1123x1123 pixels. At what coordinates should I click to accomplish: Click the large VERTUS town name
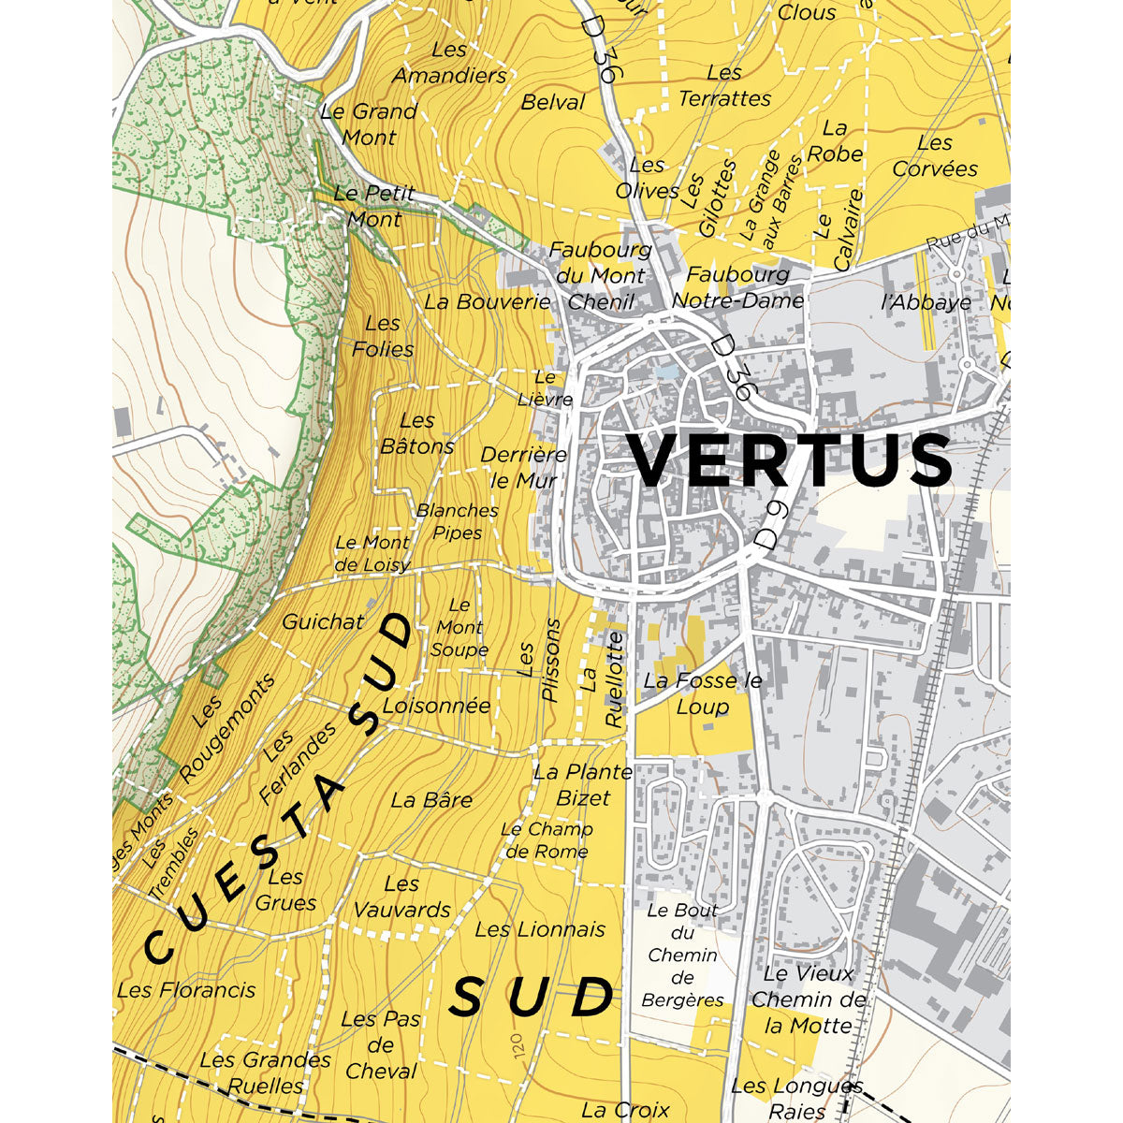(x=789, y=460)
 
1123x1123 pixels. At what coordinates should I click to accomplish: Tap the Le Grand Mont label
(x=369, y=124)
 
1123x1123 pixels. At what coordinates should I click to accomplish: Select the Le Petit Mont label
(x=374, y=207)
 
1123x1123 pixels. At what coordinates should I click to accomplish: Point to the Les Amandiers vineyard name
(x=449, y=63)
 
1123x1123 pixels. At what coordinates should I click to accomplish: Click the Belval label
(x=553, y=102)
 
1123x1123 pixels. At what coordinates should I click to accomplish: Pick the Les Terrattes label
(x=724, y=85)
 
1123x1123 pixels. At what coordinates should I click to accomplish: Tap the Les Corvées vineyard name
(x=934, y=156)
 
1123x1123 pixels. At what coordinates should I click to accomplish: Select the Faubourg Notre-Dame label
(x=737, y=287)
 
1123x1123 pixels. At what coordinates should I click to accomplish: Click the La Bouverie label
(x=488, y=302)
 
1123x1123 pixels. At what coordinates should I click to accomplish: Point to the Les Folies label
(x=383, y=336)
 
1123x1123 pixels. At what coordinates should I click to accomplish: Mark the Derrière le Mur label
(x=524, y=467)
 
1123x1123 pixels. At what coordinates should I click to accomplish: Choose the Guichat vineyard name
(x=323, y=621)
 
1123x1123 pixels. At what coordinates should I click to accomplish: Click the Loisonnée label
(x=436, y=706)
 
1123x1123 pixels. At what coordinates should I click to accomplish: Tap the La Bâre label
(x=431, y=800)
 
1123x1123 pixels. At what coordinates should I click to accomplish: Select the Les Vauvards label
(x=401, y=897)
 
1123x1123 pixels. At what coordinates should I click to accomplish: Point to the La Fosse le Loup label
(x=703, y=693)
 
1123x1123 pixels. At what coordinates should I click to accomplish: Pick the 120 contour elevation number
(x=519, y=1046)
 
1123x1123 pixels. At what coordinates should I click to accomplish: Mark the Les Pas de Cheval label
(x=380, y=1044)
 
